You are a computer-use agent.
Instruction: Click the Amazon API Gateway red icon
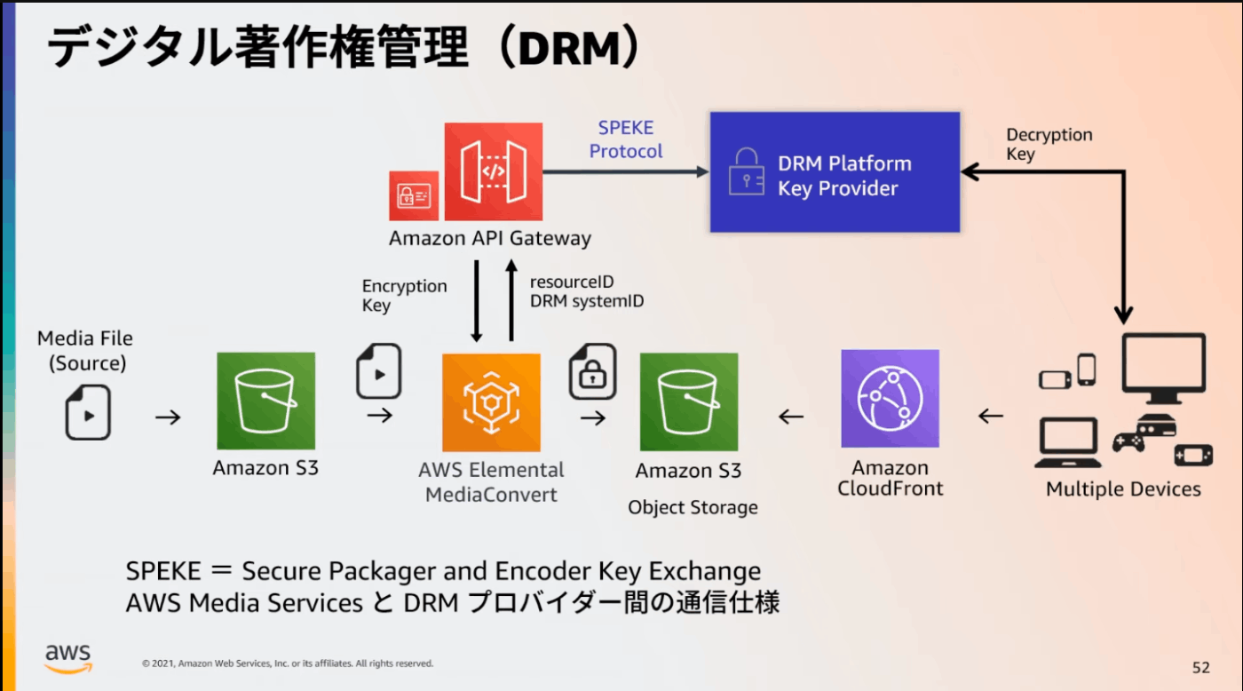(494, 171)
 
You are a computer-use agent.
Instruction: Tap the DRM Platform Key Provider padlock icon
(747, 171)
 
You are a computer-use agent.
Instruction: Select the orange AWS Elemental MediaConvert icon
(491, 402)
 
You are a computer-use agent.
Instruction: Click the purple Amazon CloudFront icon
(890, 399)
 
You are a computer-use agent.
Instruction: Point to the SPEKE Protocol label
(625, 139)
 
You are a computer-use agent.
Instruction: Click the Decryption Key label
(1049, 144)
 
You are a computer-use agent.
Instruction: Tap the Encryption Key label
(404, 295)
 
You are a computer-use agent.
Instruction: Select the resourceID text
(572, 282)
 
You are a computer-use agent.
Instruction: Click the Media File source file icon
(88, 412)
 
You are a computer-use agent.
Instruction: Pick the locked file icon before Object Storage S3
(593, 371)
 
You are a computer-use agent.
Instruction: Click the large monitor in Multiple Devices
(1164, 368)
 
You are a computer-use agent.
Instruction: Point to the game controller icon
(1128, 442)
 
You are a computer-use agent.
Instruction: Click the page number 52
(1200, 667)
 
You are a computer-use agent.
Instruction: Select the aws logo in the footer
(68, 659)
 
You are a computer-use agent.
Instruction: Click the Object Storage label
(693, 507)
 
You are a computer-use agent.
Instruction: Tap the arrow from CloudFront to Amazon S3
(791, 417)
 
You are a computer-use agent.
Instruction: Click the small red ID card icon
(414, 196)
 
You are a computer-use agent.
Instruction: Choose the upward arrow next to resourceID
(511, 300)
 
